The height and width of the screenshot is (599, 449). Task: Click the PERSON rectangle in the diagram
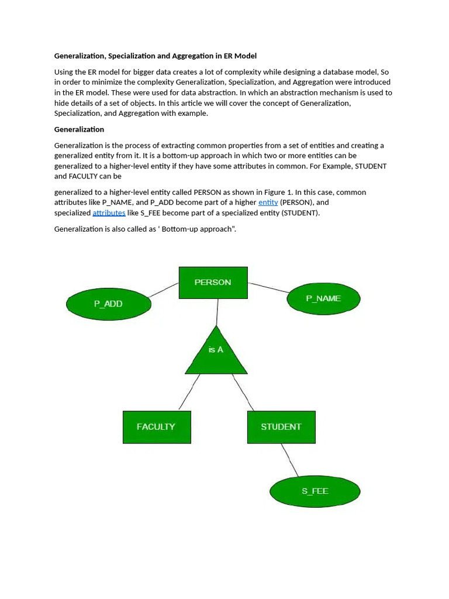coord(213,283)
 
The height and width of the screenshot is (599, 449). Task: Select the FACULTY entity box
coord(156,427)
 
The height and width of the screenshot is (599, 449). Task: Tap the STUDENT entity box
coord(281,427)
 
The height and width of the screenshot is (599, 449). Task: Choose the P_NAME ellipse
coord(323,298)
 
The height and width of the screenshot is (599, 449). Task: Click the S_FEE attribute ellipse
coord(315,491)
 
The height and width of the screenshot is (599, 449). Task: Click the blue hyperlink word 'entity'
coord(268,202)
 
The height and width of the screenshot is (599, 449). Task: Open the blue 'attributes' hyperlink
coord(109,213)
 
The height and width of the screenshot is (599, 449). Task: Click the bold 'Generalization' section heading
coord(79,129)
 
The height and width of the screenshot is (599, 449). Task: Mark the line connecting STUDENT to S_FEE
coord(289,460)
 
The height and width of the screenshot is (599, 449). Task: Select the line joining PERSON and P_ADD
coord(164,290)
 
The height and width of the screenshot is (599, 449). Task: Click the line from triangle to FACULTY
coord(189,392)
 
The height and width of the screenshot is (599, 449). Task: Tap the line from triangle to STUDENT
coord(243,392)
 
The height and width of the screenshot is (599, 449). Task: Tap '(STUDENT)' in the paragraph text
coord(301,213)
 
